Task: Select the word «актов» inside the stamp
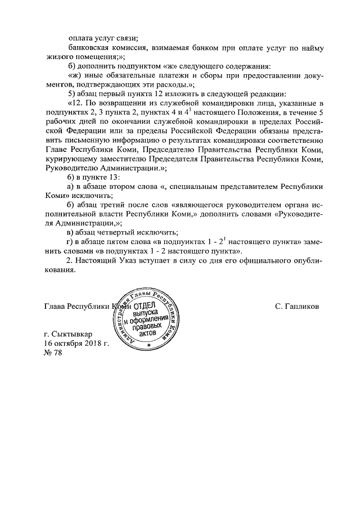point(147,333)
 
